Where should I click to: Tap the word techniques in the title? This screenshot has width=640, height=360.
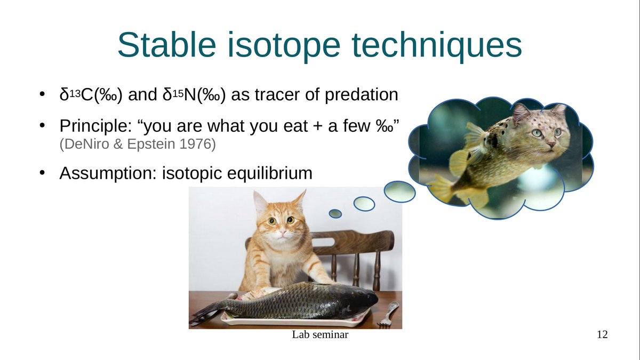(431, 45)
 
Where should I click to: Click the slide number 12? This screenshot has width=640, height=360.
(602, 335)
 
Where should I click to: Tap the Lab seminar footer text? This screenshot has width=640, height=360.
(321, 335)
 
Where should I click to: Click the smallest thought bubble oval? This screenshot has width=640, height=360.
(335, 214)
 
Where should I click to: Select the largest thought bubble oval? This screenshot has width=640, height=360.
(400, 191)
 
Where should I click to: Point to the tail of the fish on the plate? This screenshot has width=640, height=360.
(205, 313)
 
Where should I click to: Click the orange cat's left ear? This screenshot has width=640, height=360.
(260, 202)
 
